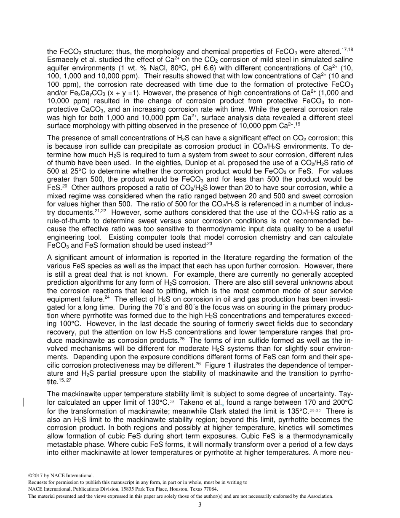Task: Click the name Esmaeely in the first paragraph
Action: [61, 59]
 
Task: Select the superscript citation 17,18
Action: [348, 50]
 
